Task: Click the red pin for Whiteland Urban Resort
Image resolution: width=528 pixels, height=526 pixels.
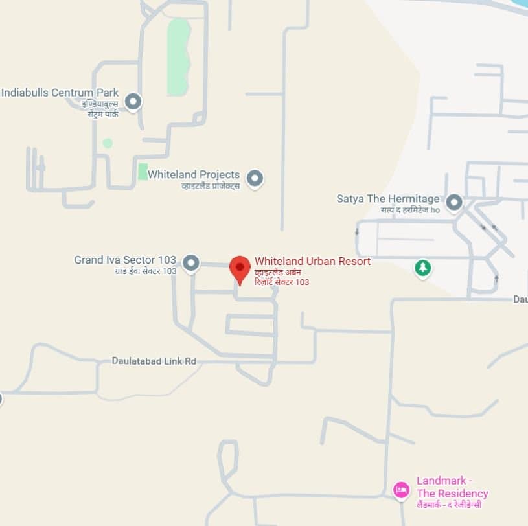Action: tap(240, 268)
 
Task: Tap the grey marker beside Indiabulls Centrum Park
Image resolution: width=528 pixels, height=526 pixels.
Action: tap(133, 102)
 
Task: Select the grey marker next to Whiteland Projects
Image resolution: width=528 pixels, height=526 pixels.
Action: tap(255, 177)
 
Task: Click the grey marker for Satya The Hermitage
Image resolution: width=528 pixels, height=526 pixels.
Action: tap(454, 202)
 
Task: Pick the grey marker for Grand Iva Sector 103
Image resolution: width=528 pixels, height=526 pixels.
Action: tap(190, 262)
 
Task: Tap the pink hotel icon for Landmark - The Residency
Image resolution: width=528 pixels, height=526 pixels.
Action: tap(401, 489)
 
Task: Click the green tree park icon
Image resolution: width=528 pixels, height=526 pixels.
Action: tap(423, 267)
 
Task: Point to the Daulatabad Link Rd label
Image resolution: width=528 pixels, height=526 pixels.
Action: tap(154, 361)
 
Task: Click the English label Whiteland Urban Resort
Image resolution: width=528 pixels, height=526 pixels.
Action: tap(312, 261)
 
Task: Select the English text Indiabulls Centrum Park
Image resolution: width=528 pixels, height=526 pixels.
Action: tap(60, 93)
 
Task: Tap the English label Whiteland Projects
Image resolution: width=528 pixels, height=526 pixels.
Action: tap(194, 174)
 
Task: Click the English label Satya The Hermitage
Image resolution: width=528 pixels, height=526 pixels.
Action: tap(388, 198)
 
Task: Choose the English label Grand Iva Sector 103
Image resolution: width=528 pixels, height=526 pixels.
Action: tap(125, 260)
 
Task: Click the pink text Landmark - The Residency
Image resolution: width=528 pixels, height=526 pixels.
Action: tap(452, 487)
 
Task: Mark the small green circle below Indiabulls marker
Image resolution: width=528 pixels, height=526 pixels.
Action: tap(108, 143)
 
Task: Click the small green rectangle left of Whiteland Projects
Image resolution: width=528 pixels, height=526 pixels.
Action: tap(143, 172)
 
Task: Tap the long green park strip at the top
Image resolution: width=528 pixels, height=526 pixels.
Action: tap(178, 57)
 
